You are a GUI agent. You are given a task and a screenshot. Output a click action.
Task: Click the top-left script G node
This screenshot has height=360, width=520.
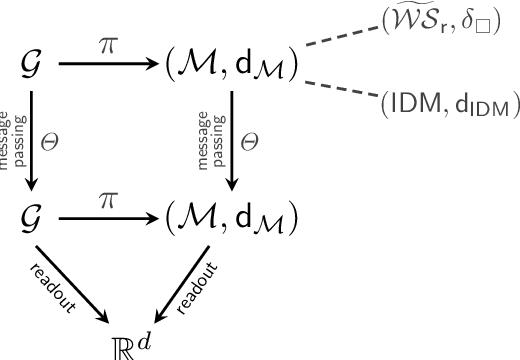[x=29, y=67]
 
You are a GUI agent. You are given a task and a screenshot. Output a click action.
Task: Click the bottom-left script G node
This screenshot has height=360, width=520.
[x=29, y=218]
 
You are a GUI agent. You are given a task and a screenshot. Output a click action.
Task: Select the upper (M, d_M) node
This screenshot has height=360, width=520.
[x=229, y=67]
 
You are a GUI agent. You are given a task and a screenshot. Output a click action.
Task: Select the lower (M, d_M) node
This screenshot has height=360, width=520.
[x=229, y=218]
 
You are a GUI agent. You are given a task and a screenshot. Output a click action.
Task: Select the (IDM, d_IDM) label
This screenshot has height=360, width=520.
[x=443, y=104]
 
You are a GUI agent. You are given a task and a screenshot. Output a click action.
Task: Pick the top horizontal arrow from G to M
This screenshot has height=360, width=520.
[x=111, y=67]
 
